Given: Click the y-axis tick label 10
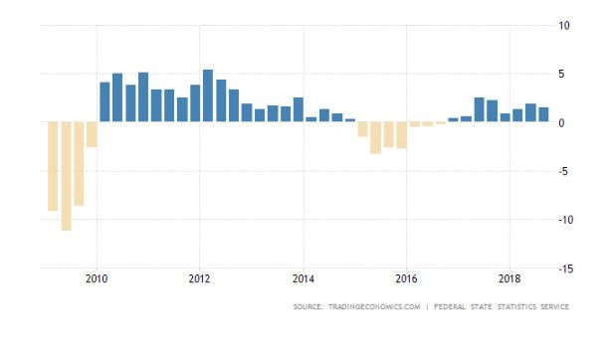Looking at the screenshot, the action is pyautogui.click(x=564, y=26).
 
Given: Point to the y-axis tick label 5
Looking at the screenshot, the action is pyautogui.click(x=561, y=74).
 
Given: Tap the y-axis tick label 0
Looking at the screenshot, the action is pyautogui.click(x=561, y=123).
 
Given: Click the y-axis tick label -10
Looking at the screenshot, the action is pyautogui.click(x=566, y=220).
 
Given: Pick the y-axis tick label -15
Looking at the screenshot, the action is pyautogui.click(x=566, y=269).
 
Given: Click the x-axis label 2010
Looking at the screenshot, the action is pyautogui.click(x=97, y=279).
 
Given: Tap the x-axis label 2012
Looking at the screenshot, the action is pyautogui.click(x=199, y=279).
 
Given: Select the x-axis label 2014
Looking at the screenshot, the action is pyautogui.click(x=304, y=279).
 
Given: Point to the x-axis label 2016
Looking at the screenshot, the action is pyautogui.click(x=406, y=279).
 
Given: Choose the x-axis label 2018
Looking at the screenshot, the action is pyautogui.click(x=509, y=279).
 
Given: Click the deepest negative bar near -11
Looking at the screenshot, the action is pyautogui.click(x=67, y=176).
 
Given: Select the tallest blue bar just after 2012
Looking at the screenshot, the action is pyautogui.click(x=208, y=95).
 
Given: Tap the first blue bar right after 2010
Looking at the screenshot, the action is pyautogui.click(x=104, y=102).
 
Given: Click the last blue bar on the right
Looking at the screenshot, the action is pyautogui.click(x=543, y=114).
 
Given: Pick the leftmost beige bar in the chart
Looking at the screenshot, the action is pyautogui.click(x=53, y=166).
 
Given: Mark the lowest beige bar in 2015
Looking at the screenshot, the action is pyautogui.click(x=375, y=138).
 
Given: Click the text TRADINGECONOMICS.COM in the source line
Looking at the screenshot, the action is pyautogui.click(x=374, y=307).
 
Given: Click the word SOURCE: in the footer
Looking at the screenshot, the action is pyautogui.click(x=308, y=307).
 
